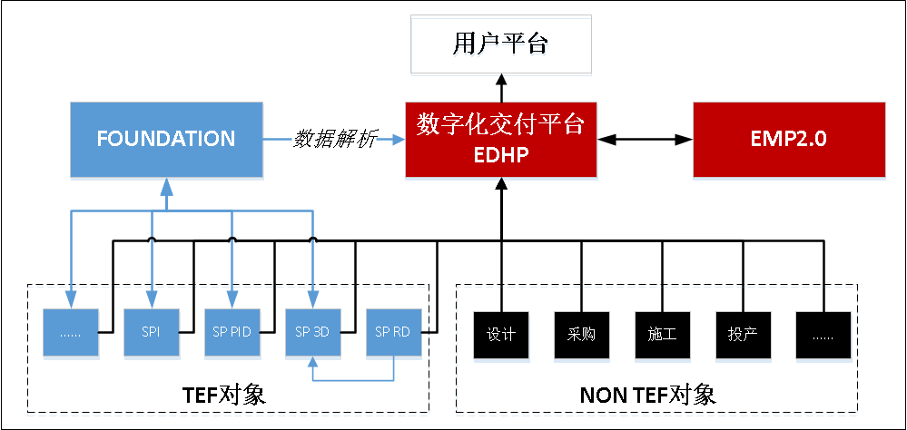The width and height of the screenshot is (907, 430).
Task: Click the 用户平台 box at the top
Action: point(500,44)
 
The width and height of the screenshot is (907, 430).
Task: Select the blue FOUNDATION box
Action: point(166,140)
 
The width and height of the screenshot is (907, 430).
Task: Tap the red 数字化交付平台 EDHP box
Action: point(500,140)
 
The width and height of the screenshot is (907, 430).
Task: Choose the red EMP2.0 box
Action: point(788,140)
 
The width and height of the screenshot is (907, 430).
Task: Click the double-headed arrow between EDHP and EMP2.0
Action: point(646,140)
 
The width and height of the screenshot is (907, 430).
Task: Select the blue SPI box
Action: point(151,333)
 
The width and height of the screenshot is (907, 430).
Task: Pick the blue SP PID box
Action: point(232,333)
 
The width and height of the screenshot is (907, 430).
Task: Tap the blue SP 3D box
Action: point(312,333)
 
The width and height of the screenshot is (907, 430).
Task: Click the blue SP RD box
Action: point(393,333)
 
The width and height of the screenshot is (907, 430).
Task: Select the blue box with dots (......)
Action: point(70,333)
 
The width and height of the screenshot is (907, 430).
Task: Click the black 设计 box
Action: point(501,334)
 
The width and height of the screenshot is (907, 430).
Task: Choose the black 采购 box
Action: point(581,334)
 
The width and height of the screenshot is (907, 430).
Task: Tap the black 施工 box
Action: point(662,334)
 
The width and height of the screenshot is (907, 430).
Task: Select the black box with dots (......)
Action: point(823,334)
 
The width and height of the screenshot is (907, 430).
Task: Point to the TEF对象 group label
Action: point(226,395)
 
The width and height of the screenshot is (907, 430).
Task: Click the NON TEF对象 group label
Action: point(647,395)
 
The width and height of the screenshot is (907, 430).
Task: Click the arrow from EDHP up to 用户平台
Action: point(500,88)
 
